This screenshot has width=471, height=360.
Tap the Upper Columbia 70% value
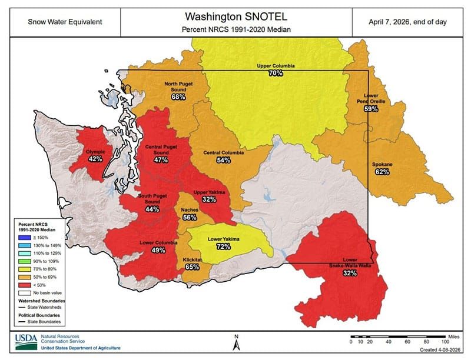(276, 74)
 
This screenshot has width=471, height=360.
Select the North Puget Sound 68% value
(178, 97)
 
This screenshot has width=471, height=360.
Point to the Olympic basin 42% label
(95, 159)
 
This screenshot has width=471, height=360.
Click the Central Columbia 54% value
(223, 160)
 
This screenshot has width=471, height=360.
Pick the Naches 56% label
(190, 217)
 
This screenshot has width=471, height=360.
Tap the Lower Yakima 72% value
(223, 246)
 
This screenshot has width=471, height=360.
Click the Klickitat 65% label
(192, 266)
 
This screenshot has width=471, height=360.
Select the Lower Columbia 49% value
(158, 250)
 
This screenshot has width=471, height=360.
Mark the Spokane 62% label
(382, 172)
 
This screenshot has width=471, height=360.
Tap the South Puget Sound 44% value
(152, 209)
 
